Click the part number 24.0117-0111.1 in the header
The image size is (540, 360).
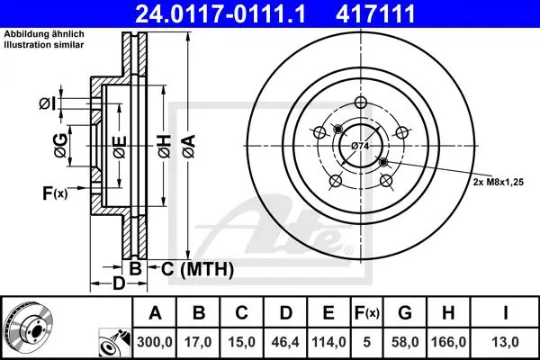(220, 13)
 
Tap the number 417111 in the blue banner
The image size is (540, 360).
(375, 13)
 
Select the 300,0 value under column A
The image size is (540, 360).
(155, 342)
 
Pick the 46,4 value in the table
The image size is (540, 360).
(285, 342)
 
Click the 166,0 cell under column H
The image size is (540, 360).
(448, 342)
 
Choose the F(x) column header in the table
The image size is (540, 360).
(367, 313)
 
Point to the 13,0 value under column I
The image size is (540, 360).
(506, 342)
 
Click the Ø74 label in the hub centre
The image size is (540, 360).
(360, 146)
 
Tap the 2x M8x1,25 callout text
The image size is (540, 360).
(498, 182)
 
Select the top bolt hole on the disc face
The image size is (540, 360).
(361, 102)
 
